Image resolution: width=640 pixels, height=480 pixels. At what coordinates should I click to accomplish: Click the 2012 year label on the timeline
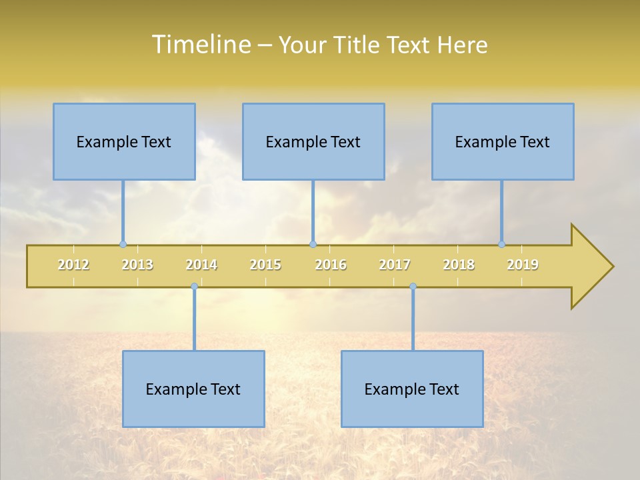73,265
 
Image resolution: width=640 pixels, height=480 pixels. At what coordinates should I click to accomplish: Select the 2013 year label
137,265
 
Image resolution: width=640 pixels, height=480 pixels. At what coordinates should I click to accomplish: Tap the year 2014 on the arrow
201,265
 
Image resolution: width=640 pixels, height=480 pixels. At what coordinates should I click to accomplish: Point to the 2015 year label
265,265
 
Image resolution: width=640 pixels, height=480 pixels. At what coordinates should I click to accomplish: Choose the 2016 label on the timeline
331,265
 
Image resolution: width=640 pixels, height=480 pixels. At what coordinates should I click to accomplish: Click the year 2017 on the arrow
395,265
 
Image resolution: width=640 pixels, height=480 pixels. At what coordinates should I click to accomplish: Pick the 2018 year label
459,265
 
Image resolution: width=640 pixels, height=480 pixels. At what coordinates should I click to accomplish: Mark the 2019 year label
523,265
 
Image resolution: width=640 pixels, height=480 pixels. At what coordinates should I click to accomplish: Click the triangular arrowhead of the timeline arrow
591,267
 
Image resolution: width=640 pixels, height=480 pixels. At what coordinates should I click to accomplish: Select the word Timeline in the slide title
201,45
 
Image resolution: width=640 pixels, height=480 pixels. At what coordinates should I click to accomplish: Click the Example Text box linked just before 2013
124,141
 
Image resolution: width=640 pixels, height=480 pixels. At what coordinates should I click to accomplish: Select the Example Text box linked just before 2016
313,141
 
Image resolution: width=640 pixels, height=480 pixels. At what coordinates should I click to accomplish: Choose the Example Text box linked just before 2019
503,141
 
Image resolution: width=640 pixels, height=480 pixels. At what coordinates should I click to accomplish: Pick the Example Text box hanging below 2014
193,389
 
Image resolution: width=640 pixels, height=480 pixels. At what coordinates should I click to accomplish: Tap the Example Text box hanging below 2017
412,389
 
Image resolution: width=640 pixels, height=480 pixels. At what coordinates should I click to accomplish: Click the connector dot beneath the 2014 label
194,287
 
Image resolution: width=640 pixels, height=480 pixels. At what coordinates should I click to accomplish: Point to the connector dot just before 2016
313,244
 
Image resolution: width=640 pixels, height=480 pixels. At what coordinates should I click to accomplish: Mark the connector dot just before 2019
501,244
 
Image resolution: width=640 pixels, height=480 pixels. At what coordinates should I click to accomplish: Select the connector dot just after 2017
413,287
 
